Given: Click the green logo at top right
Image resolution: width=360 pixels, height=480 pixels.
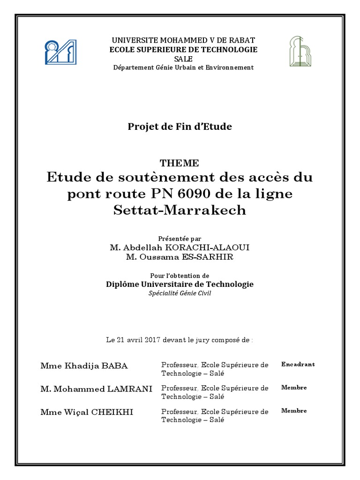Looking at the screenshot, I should tap(299, 51).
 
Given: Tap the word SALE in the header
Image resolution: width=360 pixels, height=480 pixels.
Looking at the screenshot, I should tap(183, 59).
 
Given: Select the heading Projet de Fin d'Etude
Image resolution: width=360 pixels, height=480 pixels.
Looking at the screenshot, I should tap(180, 127).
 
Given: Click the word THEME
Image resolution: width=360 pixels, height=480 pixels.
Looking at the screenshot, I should tap(180, 163).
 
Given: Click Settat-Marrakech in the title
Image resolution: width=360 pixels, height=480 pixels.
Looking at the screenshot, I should tap(180, 210).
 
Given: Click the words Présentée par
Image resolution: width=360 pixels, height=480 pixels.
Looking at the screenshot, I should tap(180, 239).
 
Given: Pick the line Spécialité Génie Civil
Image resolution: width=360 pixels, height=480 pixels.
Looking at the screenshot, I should tap(180, 293).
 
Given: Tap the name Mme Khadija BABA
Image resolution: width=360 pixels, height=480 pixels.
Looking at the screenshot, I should tap(84, 366).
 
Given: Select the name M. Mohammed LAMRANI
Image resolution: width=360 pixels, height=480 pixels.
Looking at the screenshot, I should tap(96, 389).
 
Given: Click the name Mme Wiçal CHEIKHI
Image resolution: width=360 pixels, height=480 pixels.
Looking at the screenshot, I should tap(87, 412).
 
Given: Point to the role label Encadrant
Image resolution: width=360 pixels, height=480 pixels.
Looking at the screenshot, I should tap(298, 364).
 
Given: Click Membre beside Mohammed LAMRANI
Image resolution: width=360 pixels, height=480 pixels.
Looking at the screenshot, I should tap(294, 388).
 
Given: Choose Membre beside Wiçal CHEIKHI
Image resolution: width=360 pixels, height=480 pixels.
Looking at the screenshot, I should tap(294, 411).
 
